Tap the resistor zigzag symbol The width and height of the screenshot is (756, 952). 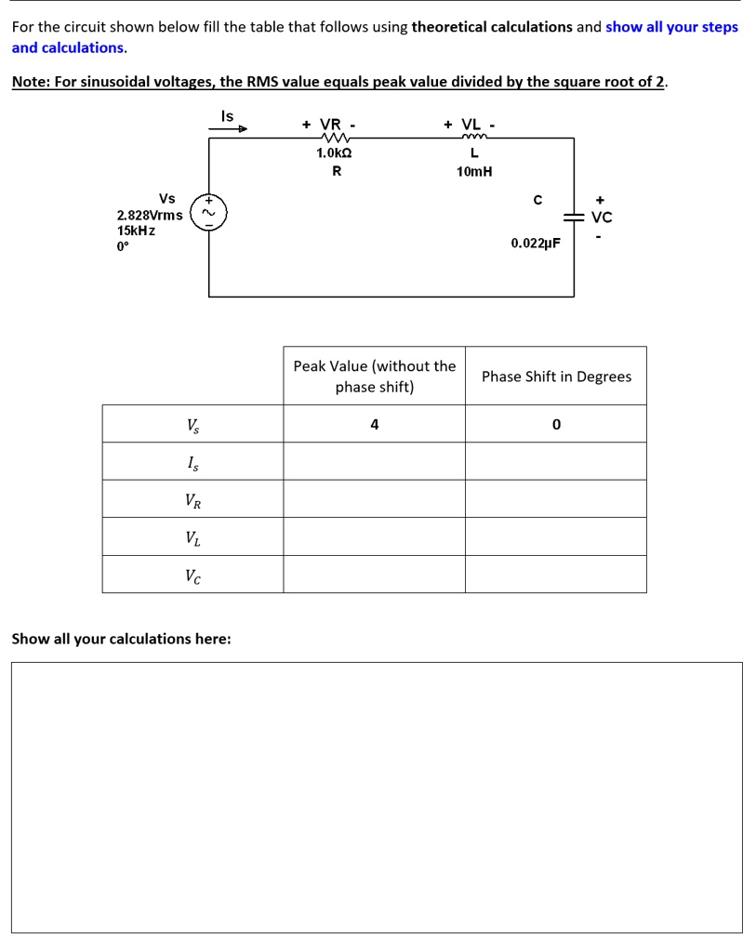332,139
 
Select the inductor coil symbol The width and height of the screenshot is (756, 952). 474,139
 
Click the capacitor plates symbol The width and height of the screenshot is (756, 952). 574,217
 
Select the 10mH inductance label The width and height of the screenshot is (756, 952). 474,172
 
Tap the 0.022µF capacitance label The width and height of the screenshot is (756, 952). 536,244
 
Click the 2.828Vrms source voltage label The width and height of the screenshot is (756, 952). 150,215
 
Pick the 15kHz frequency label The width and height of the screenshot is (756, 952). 136,231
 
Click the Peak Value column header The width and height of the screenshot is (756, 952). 374,377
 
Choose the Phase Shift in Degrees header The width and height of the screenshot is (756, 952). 556,377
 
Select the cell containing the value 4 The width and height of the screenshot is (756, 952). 374,424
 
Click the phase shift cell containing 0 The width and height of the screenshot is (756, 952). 556,424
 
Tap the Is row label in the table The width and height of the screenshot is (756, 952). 192,462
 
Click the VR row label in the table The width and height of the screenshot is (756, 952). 192,500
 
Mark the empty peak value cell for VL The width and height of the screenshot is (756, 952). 374,536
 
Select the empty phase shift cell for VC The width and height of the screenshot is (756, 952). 556,575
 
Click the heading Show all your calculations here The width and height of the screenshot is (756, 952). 122,639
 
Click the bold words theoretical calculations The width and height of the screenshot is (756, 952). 492,26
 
